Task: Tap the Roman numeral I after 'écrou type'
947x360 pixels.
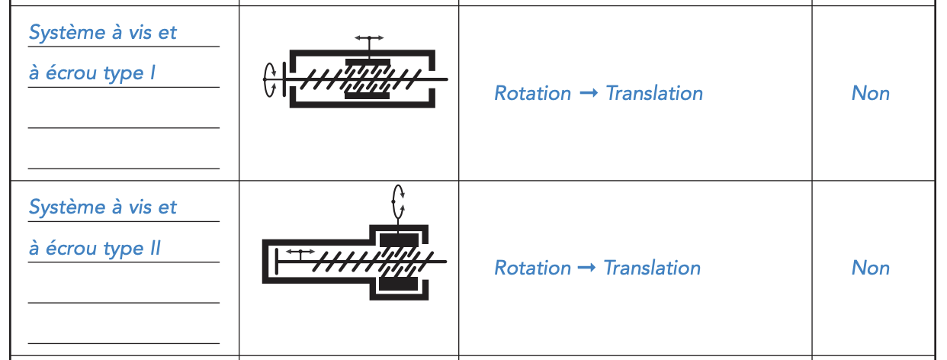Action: pyautogui.click(x=152, y=72)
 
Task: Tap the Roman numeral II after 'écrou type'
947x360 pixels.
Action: pyautogui.click(x=156, y=248)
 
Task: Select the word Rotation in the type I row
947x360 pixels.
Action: pyautogui.click(x=533, y=93)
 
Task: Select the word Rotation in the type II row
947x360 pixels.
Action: pyautogui.click(x=533, y=268)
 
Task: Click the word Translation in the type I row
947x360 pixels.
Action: pyautogui.click(x=654, y=93)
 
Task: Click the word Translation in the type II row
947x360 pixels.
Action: pyautogui.click(x=653, y=268)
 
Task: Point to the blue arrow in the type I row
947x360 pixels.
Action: pyautogui.click(x=589, y=92)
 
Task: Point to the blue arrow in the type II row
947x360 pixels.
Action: pyautogui.click(x=587, y=268)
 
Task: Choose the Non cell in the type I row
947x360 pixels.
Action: pyautogui.click(x=871, y=93)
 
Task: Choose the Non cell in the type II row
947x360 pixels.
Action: pyautogui.click(x=871, y=268)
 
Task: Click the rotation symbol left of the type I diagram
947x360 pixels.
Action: pyautogui.click(x=270, y=79)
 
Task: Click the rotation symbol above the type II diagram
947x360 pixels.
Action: pyautogui.click(x=398, y=202)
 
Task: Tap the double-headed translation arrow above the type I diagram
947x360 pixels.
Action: pyautogui.click(x=369, y=37)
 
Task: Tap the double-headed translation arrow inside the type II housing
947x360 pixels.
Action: pyautogui.click(x=300, y=251)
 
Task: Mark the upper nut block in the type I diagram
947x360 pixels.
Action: pyautogui.click(x=368, y=63)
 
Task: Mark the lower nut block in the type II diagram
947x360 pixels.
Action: pyautogui.click(x=399, y=284)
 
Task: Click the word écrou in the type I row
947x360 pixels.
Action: pyautogui.click(x=72, y=72)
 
